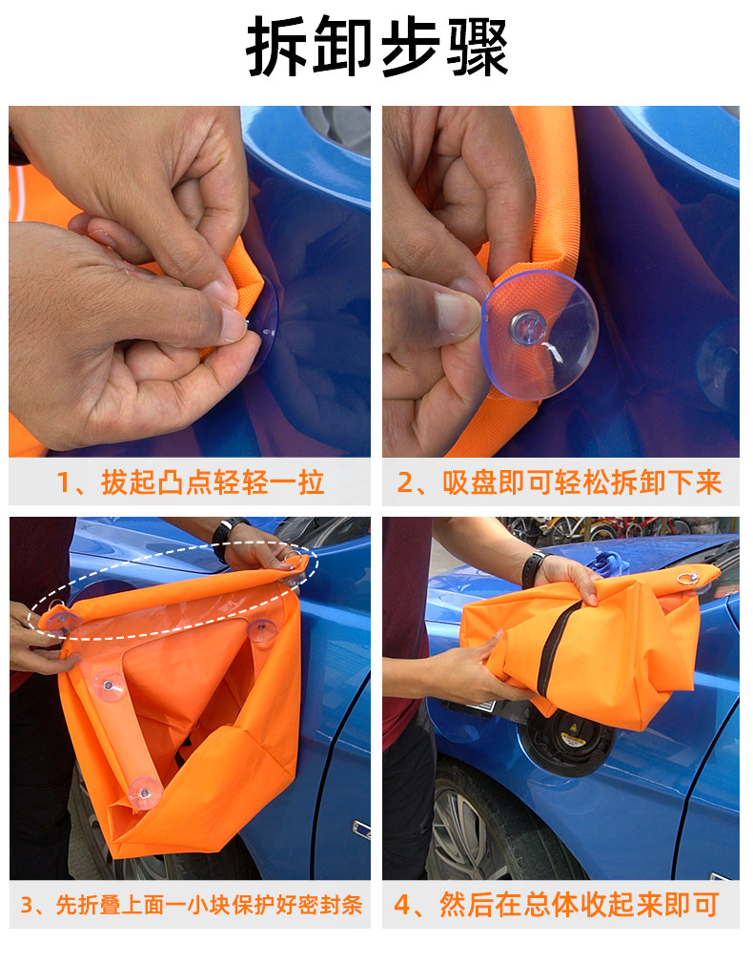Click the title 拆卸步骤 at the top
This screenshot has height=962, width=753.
coord(376,47)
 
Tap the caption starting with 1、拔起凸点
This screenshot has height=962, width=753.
coord(190,482)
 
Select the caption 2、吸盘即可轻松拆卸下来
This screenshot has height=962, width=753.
coord(560,482)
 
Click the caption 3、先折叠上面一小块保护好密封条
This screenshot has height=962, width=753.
coord(191,905)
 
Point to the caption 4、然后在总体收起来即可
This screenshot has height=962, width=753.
coord(556,905)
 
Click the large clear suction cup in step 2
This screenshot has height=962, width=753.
coord(540,335)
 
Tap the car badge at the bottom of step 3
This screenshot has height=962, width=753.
coord(361,829)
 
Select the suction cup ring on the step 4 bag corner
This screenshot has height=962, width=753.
coord(688,578)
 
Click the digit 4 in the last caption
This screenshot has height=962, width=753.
coord(402,905)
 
